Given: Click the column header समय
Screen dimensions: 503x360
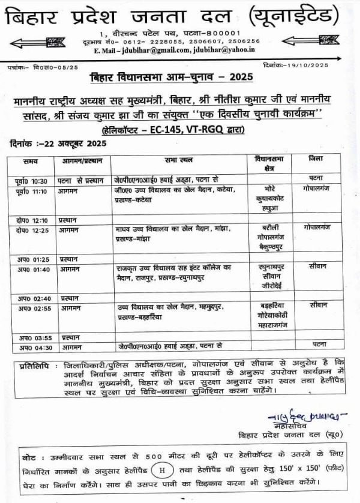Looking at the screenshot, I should [31, 162].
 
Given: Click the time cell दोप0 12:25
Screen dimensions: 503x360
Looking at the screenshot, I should [32, 230].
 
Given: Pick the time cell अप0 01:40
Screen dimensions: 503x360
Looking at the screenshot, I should [32, 270].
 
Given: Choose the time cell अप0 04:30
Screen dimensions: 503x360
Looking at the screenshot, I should [32, 347].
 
